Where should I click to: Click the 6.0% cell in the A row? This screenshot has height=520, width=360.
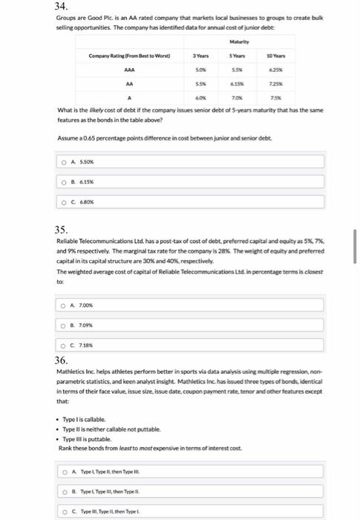click(199, 100)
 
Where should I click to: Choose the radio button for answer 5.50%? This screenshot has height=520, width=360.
click(65, 162)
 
